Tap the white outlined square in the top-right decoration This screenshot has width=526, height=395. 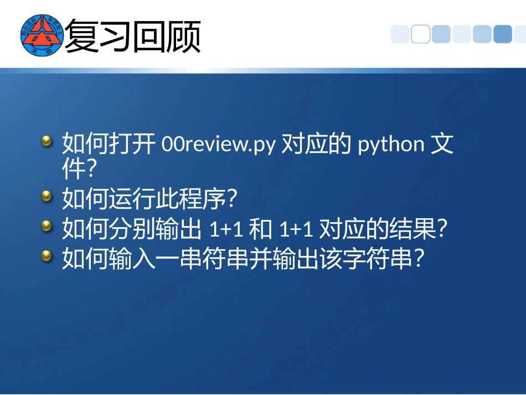420,34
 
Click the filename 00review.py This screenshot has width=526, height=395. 218,145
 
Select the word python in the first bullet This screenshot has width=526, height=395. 391,145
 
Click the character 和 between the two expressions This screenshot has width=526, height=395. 261,229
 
